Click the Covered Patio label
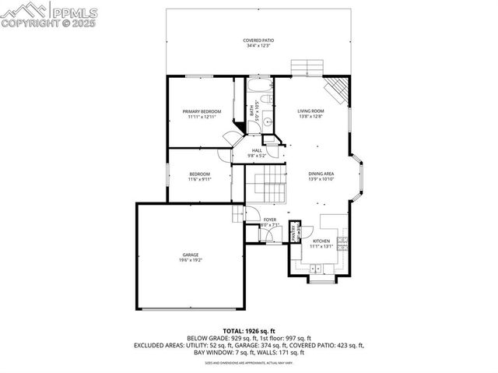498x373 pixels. coord(258,40)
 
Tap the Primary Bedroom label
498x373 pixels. coord(202,111)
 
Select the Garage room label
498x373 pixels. coord(191,254)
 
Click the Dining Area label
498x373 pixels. coord(321,174)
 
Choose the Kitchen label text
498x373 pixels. coord(321,241)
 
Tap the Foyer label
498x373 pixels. coord(270,220)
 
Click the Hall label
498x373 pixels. coord(256,150)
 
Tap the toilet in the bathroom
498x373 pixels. coord(265,101)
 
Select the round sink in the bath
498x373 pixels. coord(266,121)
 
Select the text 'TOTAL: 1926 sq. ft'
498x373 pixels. coord(248,331)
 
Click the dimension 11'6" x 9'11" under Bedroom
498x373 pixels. coord(199,179)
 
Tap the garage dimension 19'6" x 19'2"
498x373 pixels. coord(191,259)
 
